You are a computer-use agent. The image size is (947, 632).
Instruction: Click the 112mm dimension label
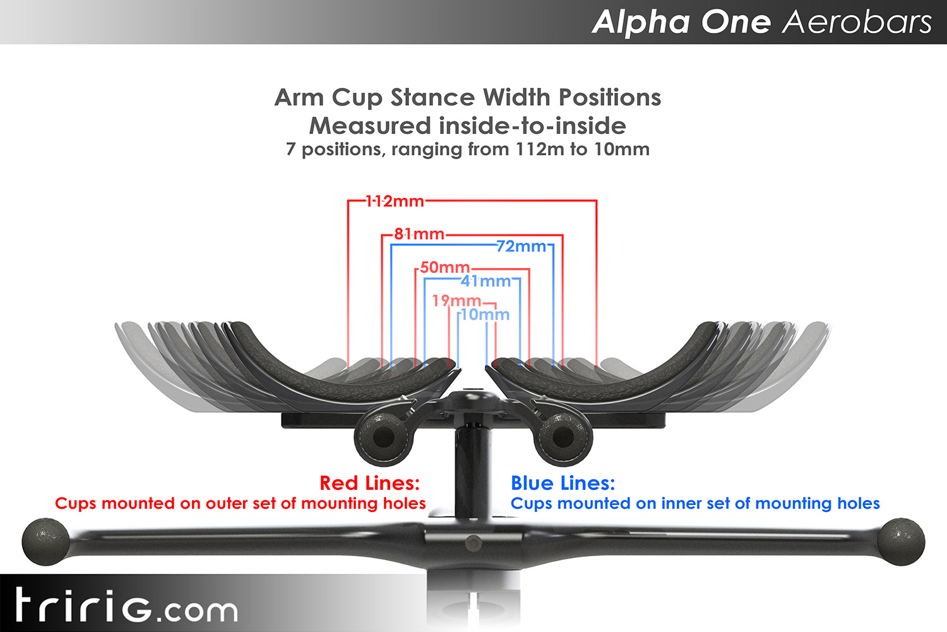(x=395, y=202)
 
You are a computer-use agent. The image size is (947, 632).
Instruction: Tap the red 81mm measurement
(x=419, y=234)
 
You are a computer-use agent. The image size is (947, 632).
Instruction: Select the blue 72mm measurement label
(x=521, y=246)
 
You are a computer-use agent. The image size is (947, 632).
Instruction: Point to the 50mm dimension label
(x=444, y=267)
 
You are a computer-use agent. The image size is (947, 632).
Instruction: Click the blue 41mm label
(x=485, y=281)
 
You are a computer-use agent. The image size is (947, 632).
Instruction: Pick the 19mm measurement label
(x=456, y=301)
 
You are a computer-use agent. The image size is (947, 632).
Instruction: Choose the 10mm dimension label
(x=485, y=315)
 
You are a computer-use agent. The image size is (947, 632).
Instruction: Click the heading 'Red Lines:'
(x=369, y=483)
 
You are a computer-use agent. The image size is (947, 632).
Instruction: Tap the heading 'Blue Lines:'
(x=563, y=483)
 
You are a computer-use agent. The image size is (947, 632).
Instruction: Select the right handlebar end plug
(x=901, y=542)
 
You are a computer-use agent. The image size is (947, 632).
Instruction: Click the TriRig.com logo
(x=126, y=606)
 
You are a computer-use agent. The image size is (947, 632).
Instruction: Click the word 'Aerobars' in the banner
(x=857, y=22)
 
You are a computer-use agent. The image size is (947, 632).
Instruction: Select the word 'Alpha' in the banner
(x=641, y=22)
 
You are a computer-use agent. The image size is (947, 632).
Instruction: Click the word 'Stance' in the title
(x=432, y=98)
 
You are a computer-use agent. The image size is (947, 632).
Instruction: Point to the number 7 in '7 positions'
(x=290, y=150)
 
